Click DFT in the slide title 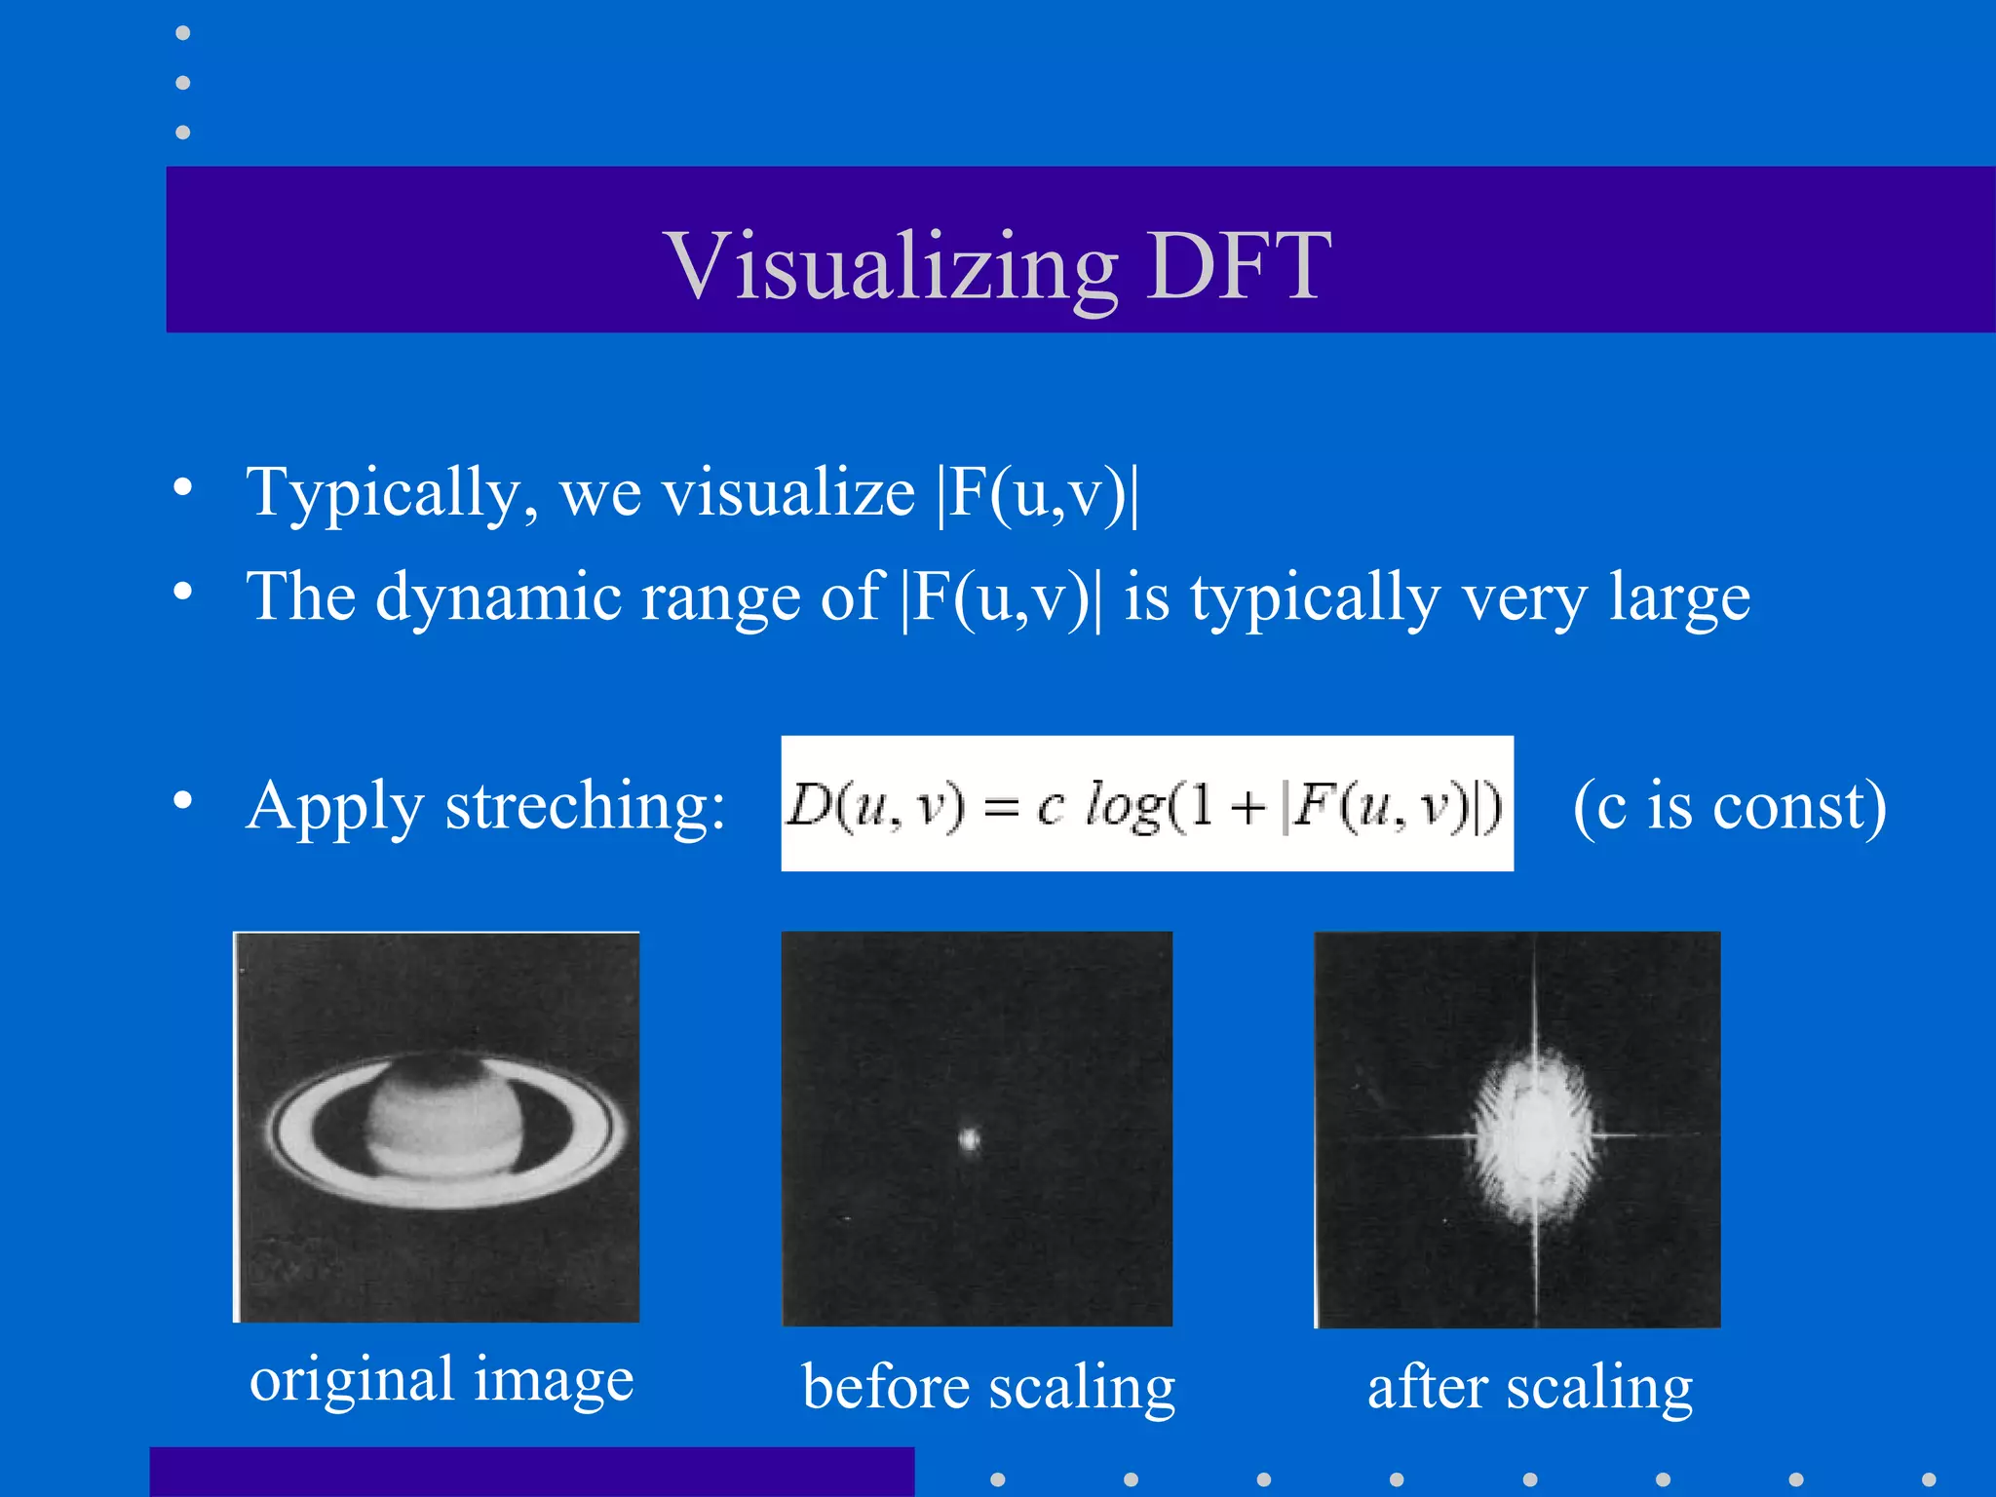coord(1239,265)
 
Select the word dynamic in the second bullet coord(498,596)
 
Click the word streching coord(585,807)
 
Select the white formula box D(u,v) coord(1146,803)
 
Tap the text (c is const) coord(1729,807)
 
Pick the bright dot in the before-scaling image coord(969,1138)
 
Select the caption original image coord(441,1380)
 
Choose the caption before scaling coord(988,1387)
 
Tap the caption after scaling coord(1530,1387)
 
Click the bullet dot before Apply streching coord(182,800)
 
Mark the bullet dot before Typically coord(182,487)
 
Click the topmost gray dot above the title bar coord(182,33)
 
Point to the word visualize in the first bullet coord(788,493)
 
